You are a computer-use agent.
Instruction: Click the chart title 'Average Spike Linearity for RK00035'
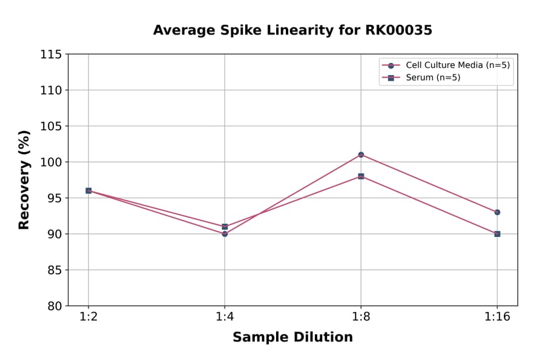(292, 30)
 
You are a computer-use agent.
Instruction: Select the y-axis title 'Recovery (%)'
(24, 180)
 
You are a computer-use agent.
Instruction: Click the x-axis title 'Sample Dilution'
(292, 338)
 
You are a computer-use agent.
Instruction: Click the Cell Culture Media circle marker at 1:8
(361, 155)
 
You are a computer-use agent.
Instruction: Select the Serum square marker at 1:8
(361, 176)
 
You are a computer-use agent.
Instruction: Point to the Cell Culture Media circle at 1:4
(225, 233)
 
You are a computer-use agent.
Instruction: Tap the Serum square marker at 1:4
(225, 227)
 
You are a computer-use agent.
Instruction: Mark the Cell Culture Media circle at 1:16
(497, 212)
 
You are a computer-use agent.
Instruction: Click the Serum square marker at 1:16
(497, 233)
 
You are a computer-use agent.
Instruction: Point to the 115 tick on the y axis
(51, 55)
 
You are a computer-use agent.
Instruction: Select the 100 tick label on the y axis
(51, 162)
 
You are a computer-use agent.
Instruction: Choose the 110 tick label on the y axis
(51, 90)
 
